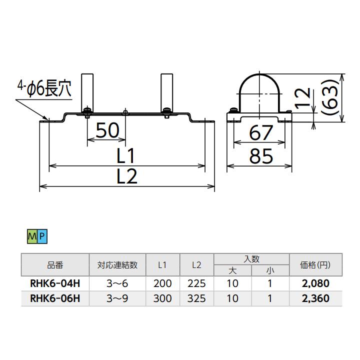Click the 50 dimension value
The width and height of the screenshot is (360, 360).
point(107,131)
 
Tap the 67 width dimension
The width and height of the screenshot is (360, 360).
point(260,133)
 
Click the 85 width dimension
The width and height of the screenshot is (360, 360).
point(260,156)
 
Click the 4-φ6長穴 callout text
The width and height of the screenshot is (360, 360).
point(43,90)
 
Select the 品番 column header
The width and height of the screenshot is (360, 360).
point(55,265)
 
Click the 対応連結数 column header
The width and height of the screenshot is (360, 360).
point(117,265)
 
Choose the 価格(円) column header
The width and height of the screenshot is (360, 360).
point(316,265)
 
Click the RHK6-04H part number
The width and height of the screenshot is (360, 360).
point(55,283)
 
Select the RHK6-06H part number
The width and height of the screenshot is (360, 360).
point(55,298)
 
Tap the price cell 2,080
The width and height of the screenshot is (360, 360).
point(316,283)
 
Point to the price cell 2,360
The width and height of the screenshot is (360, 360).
point(316,298)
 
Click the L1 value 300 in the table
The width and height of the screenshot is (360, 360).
point(162,298)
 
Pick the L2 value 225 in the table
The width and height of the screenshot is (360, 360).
point(196,283)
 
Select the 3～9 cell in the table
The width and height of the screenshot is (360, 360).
point(117,298)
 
